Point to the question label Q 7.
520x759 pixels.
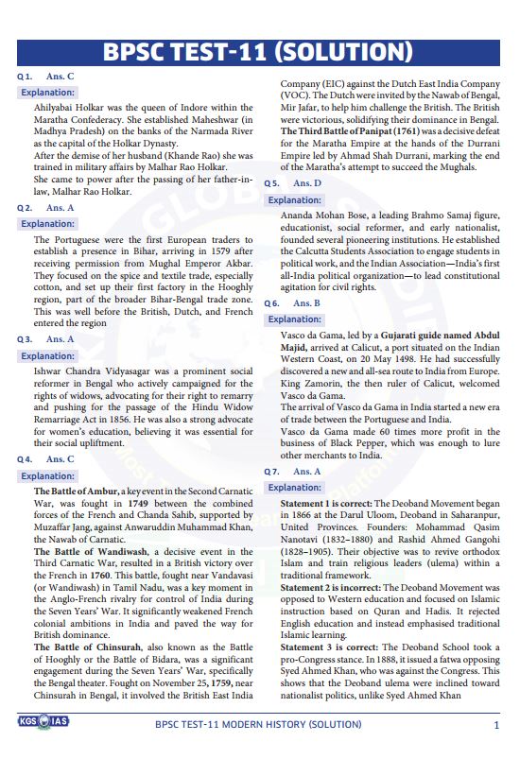coord(271,471)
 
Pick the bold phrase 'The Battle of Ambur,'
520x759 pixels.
coord(77,492)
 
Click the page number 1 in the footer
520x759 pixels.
coord(496,725)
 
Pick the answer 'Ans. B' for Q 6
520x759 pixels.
coord(306,303)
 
